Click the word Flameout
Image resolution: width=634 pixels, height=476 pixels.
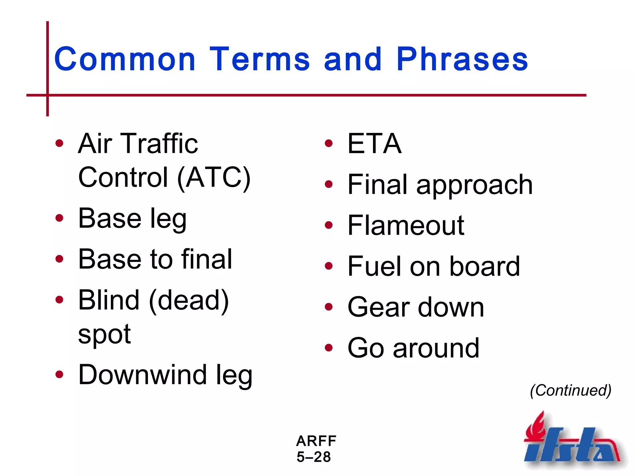(x=406, y=225)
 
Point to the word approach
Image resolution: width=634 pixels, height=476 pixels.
(x=474, y=185)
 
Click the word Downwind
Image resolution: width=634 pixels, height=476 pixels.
(x=142, y=375)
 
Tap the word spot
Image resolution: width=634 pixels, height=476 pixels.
(x=104, y=335)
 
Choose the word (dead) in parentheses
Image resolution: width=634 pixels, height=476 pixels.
(x=189, y=300)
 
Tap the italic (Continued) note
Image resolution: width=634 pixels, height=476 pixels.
(x=571, y=390)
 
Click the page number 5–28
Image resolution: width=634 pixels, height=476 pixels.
(x=314, y=457)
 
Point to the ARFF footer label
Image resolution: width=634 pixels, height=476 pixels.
(x=316, y=441)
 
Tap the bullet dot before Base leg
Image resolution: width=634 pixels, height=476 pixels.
(x=59, y=218)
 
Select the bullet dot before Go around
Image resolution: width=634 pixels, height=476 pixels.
(x=329, y=348)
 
